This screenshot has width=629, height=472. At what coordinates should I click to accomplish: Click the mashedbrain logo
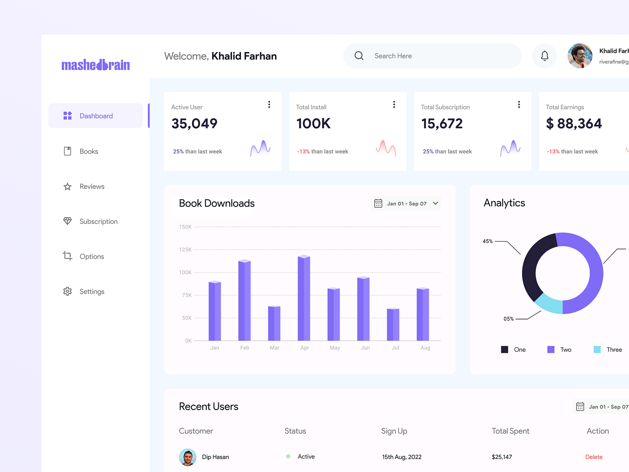pos(96,65)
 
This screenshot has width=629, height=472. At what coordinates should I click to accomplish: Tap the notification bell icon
pos(544,56)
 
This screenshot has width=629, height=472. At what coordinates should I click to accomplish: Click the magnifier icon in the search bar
pos(359,56)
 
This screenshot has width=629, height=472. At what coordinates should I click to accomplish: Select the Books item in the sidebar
pos(89,151)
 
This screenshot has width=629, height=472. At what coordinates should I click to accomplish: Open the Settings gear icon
pos(68,291)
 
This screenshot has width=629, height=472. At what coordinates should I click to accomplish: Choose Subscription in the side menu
pos(98,221)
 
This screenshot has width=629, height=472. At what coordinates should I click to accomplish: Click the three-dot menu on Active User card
pos(269,105)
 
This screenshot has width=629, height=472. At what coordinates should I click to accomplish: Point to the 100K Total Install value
pos(313,124)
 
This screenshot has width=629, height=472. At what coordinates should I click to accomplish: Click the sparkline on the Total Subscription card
pos(510,148)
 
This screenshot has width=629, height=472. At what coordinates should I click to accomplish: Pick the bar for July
pos(393,324)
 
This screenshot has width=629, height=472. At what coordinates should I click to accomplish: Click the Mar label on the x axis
pos(274,348)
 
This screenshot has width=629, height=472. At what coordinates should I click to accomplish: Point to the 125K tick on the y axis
pos(185,250)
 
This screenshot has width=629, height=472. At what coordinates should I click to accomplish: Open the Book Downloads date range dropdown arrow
pos(436,203)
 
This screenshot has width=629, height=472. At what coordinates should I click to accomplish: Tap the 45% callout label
pos(487,242)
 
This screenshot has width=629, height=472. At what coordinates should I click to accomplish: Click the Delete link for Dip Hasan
pos(594,457)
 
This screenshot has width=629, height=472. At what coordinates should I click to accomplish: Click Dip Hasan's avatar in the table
pos(188,457)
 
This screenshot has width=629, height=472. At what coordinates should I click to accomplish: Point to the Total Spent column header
pos(510,431)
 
